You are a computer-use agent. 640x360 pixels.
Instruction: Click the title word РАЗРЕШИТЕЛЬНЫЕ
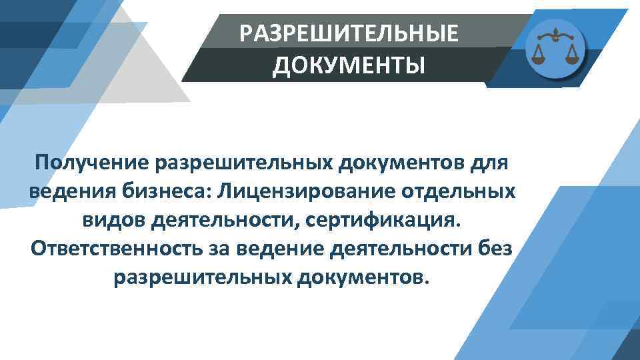(x=349, y=33)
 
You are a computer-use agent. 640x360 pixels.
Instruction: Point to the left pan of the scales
(x=538, y=53)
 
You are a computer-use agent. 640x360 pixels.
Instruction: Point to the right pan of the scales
(x=571, y=53)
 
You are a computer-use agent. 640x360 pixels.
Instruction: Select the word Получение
(x=93, y=162)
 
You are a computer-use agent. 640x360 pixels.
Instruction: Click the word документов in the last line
(x=359, y=277)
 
